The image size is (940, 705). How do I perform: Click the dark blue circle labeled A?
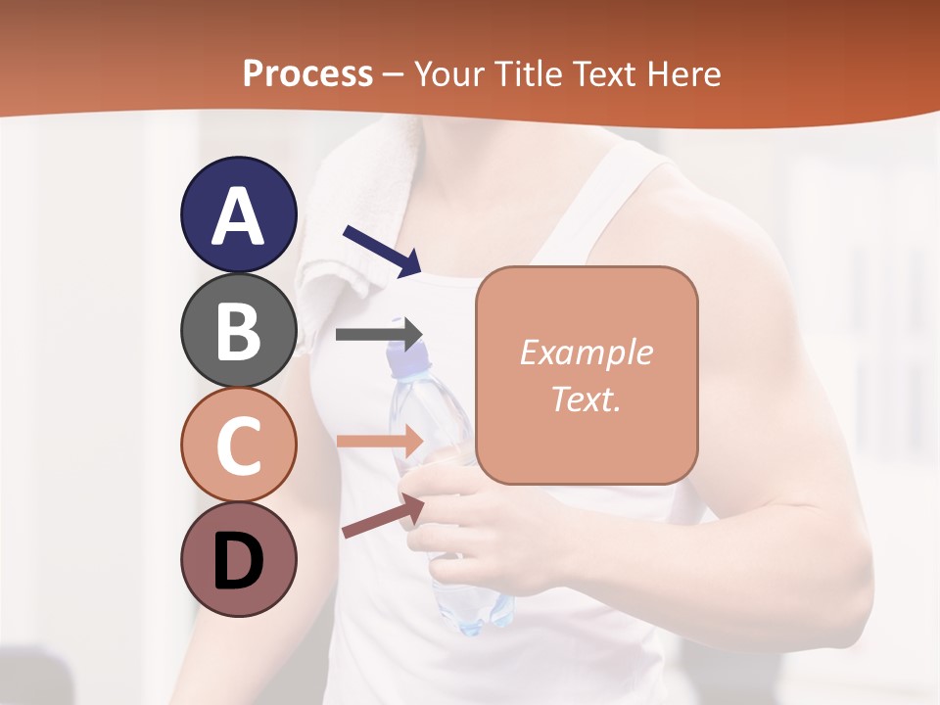[239, 214]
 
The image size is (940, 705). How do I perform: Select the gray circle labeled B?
[239, 330]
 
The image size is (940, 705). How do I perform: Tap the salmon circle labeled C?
[239, 445]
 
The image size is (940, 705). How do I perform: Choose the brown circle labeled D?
[239, 559]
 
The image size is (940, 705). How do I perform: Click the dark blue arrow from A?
[382, 251]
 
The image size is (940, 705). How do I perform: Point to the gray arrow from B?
[379, 334]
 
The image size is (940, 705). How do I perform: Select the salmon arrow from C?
[380, 441]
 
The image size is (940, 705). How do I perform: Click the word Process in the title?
[307, 73]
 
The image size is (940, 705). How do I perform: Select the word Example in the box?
[586, 352]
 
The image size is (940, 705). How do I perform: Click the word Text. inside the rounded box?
[586, 399]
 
